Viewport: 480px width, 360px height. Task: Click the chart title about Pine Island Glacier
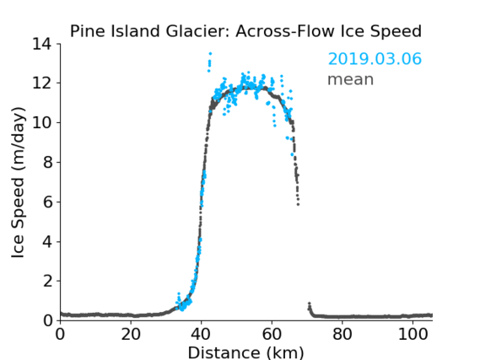click(245, 31)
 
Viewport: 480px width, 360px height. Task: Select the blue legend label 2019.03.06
click(375, 59)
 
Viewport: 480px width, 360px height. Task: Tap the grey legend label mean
click(351, 79)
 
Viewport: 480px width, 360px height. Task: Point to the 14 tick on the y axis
click(42, 44)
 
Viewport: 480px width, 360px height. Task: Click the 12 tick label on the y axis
click(42, 83)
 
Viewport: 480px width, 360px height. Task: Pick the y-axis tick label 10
click(42, 122)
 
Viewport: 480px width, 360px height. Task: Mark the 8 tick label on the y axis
click(47, 163)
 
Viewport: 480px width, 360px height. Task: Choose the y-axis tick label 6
click(47, 201)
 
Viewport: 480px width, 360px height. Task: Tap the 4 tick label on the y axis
click(47, 242)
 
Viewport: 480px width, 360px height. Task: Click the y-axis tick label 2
click(47, 281)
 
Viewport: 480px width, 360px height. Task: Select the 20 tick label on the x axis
click(131, 335)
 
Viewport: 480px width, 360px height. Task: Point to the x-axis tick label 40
click(201, 335)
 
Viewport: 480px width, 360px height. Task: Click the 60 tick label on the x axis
click(272, 335)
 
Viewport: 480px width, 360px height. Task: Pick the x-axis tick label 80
click(342, 335)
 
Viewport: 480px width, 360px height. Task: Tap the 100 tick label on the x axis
click(413, 335)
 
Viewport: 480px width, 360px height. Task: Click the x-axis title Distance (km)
click(245, 352)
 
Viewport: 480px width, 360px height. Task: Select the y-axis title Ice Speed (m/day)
click(18, 183)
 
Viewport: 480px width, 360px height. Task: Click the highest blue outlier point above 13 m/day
click(210, 53)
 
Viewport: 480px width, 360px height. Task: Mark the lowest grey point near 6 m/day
click(298, 204)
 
